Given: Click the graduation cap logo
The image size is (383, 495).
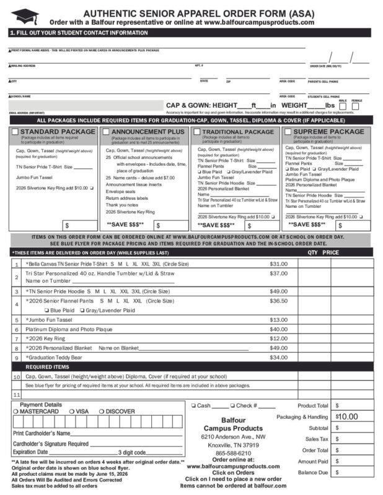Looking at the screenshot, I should [x=24, y=16].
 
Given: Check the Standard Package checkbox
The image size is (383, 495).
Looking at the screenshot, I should [x=15, y=132].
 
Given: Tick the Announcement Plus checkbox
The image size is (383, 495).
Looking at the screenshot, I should [x=106, y=132].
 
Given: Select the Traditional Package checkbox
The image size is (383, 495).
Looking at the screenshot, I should [x=197, y=132].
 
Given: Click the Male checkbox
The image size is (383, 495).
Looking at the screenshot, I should [x=341, y=106].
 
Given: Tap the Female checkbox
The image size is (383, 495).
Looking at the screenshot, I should [x=356, y=106].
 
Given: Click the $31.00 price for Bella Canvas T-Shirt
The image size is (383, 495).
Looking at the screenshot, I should [x=278, y=264].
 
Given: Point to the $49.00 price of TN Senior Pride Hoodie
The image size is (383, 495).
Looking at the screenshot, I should [x=278, y=291].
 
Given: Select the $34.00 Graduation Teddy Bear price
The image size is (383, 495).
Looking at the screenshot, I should [x=278, y=357].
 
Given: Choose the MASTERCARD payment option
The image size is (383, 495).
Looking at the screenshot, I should [x=16, y=411].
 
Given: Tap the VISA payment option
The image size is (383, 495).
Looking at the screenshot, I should [x=71, y=411].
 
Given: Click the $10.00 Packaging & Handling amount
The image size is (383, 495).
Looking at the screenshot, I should [x=348, y=416].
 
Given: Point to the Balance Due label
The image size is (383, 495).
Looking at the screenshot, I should [x=314, y=473].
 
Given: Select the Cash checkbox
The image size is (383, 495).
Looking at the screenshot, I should [x=194, y=406].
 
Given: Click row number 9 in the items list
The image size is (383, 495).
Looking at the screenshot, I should [x=17, y=358].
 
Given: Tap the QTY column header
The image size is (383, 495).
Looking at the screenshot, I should [x=312, y=252].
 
